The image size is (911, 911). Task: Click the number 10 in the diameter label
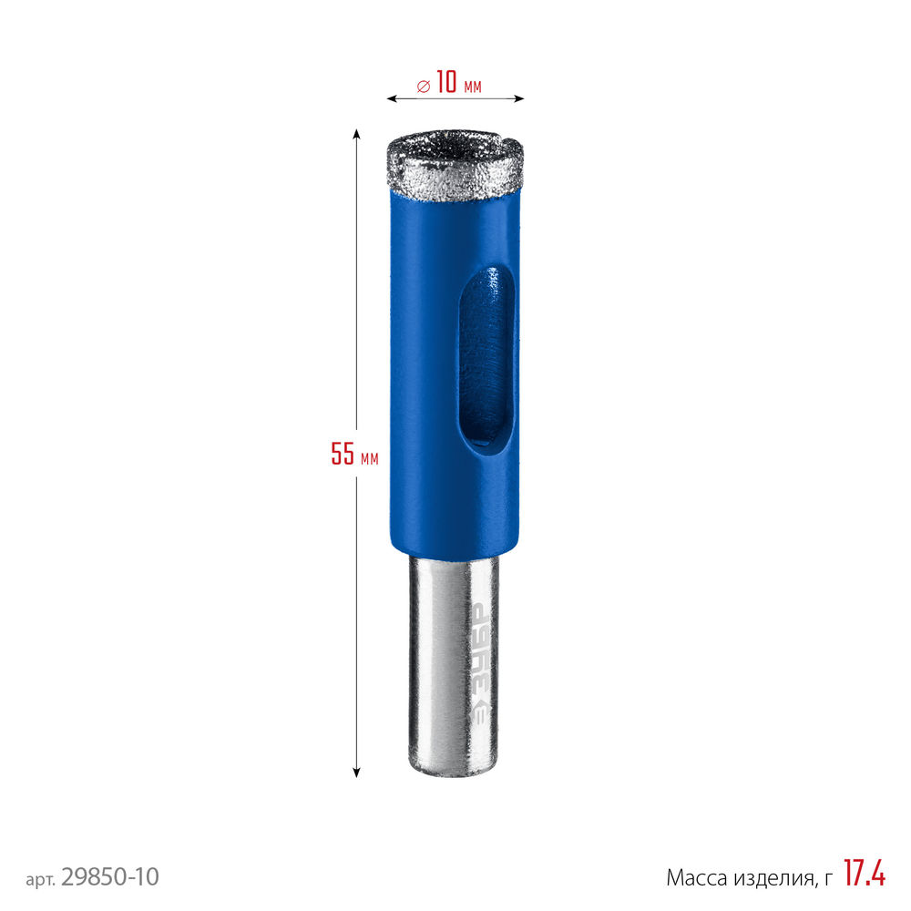(446, 83)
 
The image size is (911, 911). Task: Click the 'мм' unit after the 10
(472, 87)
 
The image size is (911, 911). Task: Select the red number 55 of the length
(343, 454)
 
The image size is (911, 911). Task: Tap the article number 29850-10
(109, 877)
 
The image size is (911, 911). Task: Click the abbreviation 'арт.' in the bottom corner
(41, 879)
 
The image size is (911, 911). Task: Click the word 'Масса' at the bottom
(697, 878)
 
